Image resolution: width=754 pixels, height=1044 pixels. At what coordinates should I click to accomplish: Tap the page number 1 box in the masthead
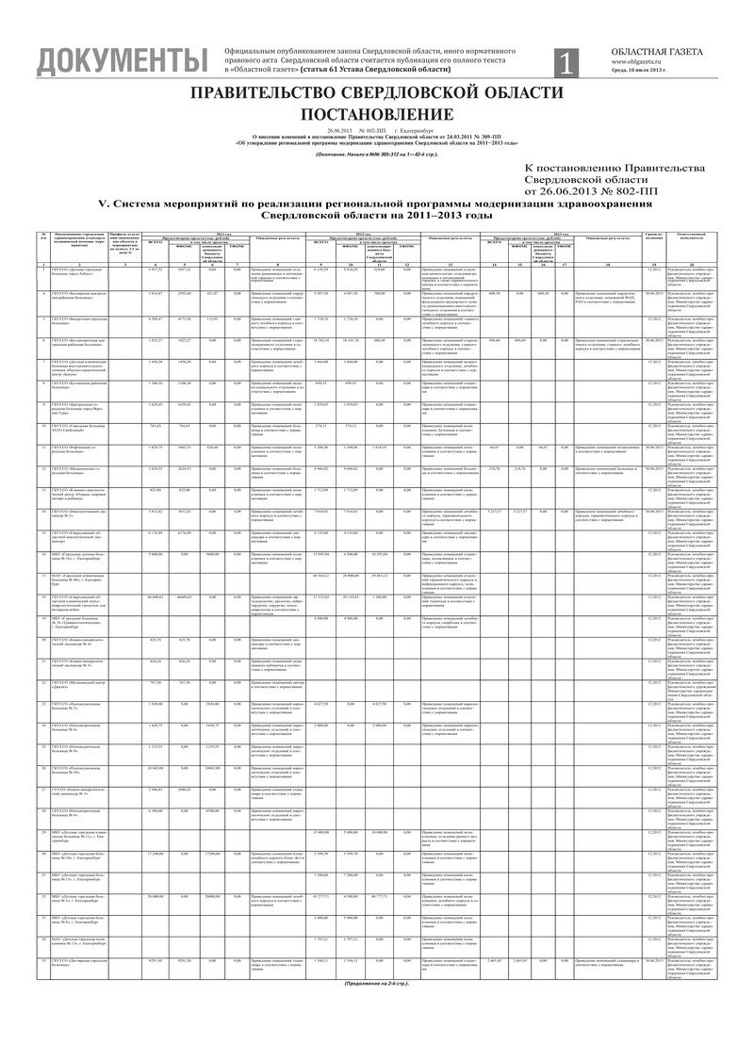[565, 62]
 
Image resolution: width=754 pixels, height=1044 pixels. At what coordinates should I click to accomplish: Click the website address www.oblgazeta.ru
[642, 61]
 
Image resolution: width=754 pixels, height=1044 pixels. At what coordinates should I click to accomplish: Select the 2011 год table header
[223, 232]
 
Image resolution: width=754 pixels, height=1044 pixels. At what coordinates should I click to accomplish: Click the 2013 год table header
[558, 232]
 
